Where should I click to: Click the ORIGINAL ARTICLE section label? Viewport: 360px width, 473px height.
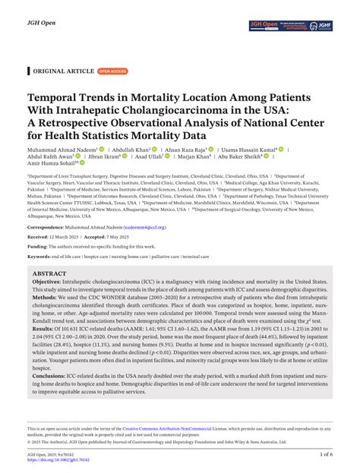click(x=62, y=71)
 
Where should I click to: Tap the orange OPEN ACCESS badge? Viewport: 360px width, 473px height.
click(x=113, y=71)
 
